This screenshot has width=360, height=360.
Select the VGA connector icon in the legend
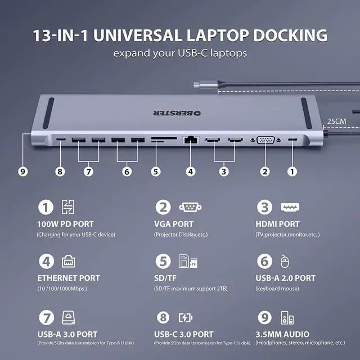(190, 207)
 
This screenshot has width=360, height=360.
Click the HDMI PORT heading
(277, 224)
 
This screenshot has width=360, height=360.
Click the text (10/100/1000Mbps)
(62, 289)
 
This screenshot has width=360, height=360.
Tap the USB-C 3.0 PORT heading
(183, 334)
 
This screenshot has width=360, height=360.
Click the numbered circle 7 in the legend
(46, 318)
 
